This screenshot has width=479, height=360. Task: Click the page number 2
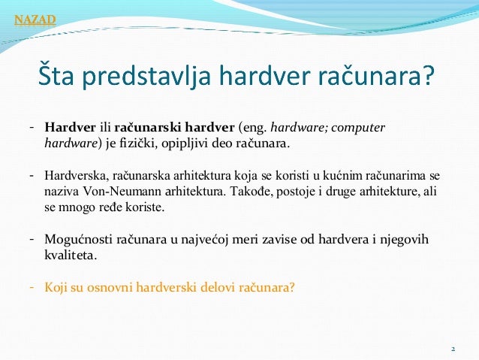coord(453,351)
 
